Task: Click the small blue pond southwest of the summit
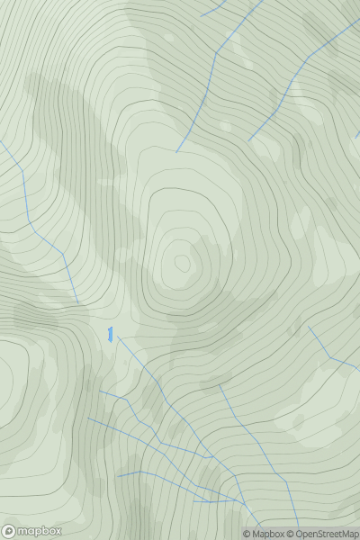(x=110, y=335)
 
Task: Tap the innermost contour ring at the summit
(x=183, y=263)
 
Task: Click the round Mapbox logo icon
(x=10, y=531)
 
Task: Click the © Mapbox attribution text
(x=264, y=534)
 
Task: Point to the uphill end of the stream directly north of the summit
(x=176, y=151)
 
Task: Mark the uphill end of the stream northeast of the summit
(x=249, y=141)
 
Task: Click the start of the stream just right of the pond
(x=117, y=338)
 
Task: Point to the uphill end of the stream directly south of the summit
(x=219, y=386)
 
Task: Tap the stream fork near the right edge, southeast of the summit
(x=330, y=357)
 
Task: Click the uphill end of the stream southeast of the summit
(x=308, y=326)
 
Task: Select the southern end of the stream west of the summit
(x=77, y=302)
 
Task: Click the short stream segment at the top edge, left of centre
(x=213, y=10)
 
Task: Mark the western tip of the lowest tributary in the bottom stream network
(x=118, y=475)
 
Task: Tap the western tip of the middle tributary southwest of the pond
(x=87, y=418)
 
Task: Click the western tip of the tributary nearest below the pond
(x=99, y=391)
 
